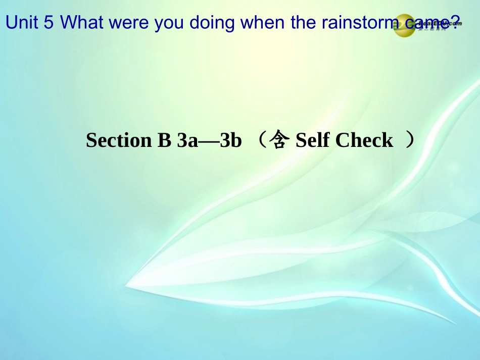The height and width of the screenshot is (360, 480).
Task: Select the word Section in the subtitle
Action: pyautogui.click(x=119, y=140)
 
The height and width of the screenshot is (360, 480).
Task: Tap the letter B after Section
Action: pyautogui.click(x=165, y=140)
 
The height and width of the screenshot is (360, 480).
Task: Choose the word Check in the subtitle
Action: pyautogui.click(x=364, y=140)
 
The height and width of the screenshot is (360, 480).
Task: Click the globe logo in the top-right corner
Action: pyautogui.click(x=405, y=25)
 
